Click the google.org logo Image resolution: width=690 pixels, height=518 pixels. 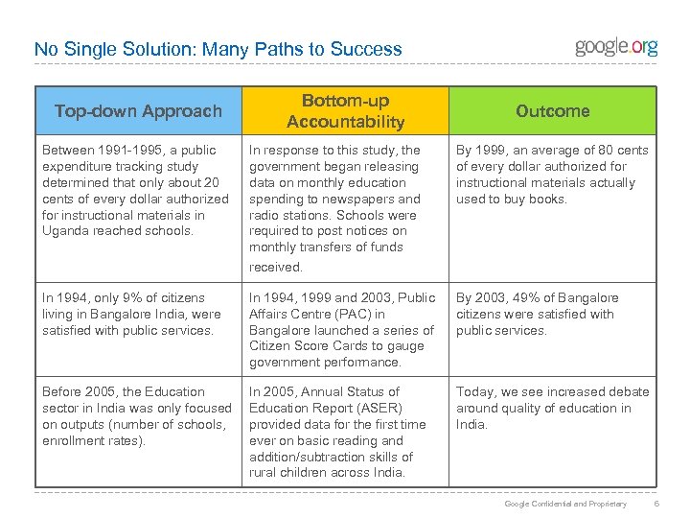click(616, 46)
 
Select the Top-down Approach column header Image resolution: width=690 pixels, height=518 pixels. click(138, 111)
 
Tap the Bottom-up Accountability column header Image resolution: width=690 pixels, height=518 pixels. click(345, 111)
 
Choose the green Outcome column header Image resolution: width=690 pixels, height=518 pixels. click(552, 111)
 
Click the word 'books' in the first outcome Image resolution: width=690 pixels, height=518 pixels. click(547, 199)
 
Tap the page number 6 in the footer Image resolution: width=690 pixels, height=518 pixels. click(654, 504)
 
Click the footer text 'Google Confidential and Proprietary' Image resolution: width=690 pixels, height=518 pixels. click(565, 504)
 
